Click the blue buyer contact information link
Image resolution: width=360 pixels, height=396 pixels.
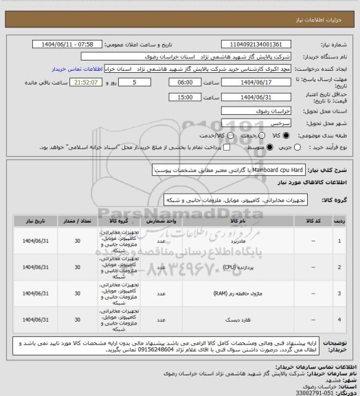pyautogui.click(x=78, y=69)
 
